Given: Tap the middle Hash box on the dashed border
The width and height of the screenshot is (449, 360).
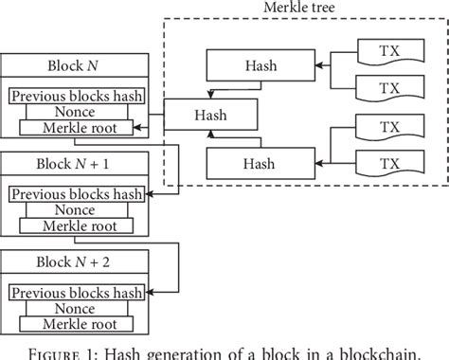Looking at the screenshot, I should click(x=209, y=114).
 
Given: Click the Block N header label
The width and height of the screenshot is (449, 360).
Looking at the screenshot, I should click(x=75, y=67).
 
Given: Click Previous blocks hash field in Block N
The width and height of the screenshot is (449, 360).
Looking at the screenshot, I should click(x=75, y=96).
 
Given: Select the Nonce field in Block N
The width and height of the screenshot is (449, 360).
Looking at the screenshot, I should click(x=75, y=112).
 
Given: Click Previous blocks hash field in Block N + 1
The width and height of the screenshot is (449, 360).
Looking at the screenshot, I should click(x=75, y=194).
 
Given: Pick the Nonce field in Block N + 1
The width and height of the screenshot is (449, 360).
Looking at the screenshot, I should click(x=75, y=209).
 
